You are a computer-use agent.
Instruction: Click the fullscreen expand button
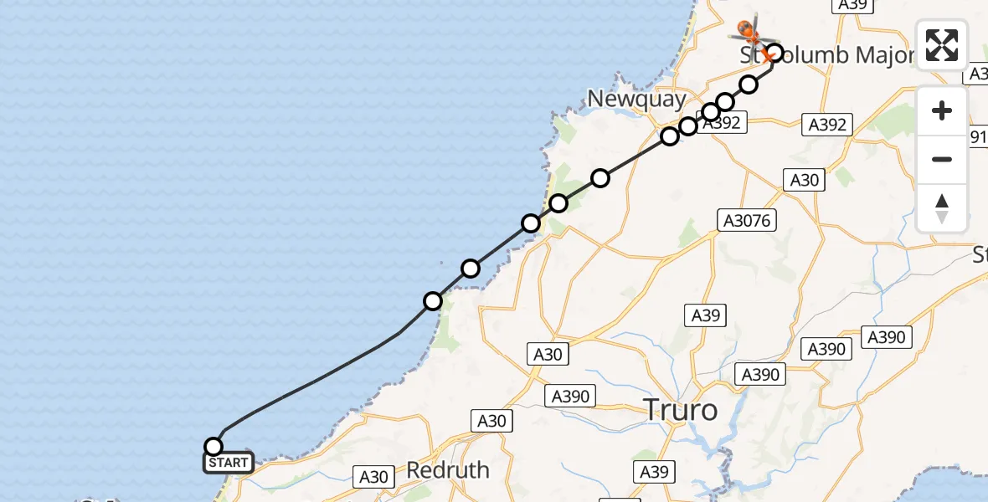click(x=942, y=44)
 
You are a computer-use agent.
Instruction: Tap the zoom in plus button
click(x=942, y=110)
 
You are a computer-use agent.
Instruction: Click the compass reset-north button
click(x=942, y=208)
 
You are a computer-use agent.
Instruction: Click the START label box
click(x=228, y=463)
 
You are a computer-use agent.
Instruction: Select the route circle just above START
click(x=214, y=447)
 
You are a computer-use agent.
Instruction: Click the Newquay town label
click(x=637, y=99)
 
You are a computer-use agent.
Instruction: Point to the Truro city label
click(x=680, y=410)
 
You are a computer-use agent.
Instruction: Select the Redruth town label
click(x=448, y=470)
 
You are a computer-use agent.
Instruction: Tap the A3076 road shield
click(x=748, y=220)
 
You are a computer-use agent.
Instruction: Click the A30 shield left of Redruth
click(x=373, y=477)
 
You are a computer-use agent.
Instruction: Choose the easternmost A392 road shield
click(x=827, y=125)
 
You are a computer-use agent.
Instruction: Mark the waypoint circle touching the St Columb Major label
click(x=774, y=54)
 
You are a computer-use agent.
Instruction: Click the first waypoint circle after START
click(x=433, y=300)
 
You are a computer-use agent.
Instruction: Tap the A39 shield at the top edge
click(x=852, y=5)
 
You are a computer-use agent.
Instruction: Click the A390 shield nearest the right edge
click(x=886, y=337)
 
